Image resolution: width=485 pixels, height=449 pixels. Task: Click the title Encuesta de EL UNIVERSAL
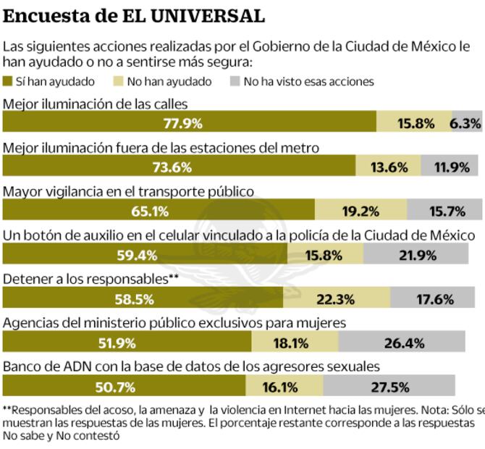tap(134, 15)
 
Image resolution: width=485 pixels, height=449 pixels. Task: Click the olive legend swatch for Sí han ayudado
tap(8, 82)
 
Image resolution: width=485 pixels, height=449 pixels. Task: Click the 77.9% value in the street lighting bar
tap(182, 123)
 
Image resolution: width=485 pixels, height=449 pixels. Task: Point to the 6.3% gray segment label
tap(465, 123)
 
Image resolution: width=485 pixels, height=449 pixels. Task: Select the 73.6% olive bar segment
tap(172, 167)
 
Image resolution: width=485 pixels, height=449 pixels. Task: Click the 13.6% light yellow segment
tap(388, 167)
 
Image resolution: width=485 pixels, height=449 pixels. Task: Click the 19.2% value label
tap(360, 211)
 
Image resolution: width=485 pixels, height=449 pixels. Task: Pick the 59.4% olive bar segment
tap(137, 255)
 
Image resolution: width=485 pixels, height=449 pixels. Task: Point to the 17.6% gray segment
tap(434, 299)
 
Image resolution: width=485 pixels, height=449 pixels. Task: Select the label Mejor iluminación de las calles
tap(96, 103)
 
